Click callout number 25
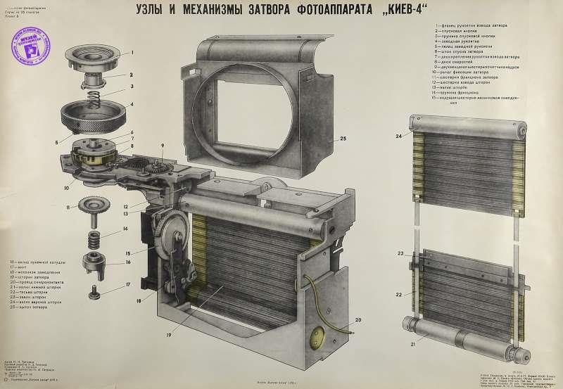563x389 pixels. point(343,139)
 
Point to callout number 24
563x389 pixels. point(398,136)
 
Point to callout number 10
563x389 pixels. point(65,189)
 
